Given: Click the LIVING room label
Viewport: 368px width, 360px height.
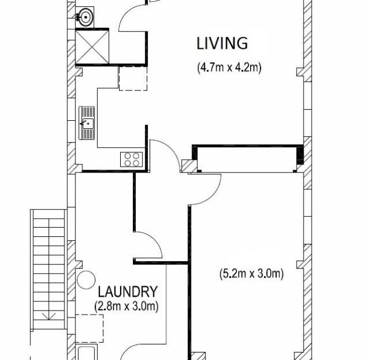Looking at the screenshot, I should [x=222, y=43].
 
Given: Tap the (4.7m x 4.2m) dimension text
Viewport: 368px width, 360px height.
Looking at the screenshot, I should [x=229, y=67].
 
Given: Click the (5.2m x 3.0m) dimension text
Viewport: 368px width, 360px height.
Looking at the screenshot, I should [x=252, y=274].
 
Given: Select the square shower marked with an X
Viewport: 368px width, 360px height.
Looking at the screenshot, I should [x=92, y=45].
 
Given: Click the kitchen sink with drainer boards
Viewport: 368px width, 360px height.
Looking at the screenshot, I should [x=87, y=123].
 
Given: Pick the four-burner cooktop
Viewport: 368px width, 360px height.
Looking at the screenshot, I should [x=132, y=159].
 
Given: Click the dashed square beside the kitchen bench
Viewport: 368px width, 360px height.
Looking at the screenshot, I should [x=133, y=78].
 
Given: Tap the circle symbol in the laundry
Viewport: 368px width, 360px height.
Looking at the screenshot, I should [x=86, y=281].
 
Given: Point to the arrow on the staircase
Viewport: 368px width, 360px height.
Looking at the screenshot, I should [x=49, y=316].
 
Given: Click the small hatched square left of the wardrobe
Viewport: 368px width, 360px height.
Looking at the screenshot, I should [x=188, y=166].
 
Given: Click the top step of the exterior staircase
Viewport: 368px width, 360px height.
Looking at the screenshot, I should [x=49, y=214].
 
